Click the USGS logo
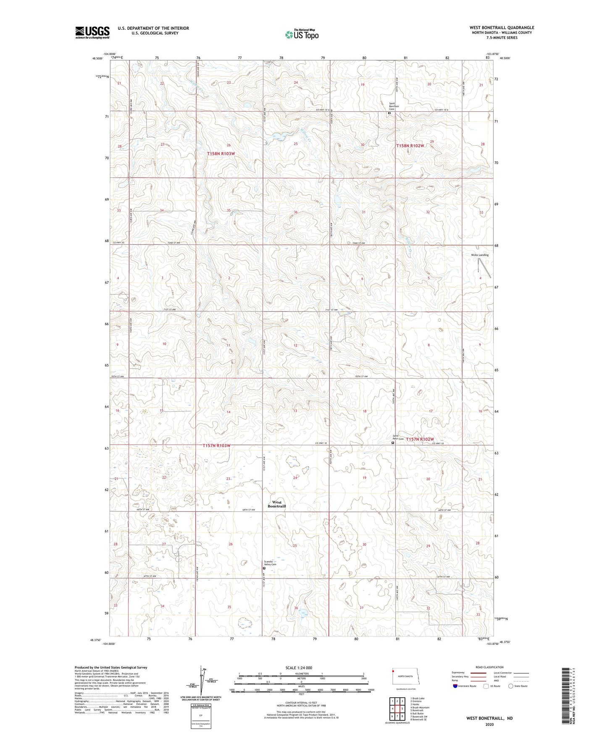tap(92, 32)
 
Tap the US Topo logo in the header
tap(301, 34)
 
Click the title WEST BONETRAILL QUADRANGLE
tap(502, 28)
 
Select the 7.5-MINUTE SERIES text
tap(502, 38)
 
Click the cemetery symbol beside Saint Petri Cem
tap(393, 442)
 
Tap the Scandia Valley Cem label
tap(270, 563)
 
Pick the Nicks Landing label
tap(480, 255)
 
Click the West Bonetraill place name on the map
tap(276, 504)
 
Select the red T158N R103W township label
tap(221, 154)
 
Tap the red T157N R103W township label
tap(217, 445)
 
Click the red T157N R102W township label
tap(420, 439)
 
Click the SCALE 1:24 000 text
tap(299, 668)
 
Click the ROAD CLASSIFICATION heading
tap(490, 667)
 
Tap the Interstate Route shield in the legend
tap(456, 686)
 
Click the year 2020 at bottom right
tap(489, 725)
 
